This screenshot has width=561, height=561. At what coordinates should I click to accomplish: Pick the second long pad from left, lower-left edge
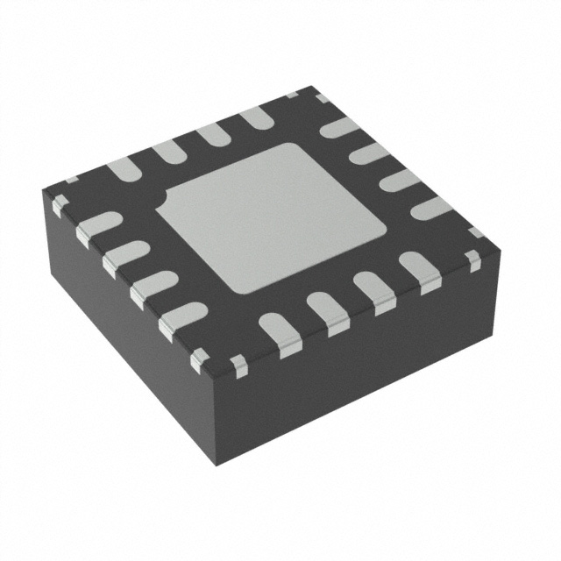point(124,256)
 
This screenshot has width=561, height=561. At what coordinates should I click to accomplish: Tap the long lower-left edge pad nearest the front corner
point(181,317)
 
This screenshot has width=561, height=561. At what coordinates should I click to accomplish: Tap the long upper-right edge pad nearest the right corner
point(429,208)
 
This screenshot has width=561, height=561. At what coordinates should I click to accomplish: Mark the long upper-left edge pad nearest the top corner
point(257,117)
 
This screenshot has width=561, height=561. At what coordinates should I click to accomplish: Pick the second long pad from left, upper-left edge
point(167,151)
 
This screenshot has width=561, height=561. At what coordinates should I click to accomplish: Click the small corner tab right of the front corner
point(238,363)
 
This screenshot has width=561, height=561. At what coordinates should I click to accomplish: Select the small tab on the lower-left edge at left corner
point(60,206)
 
